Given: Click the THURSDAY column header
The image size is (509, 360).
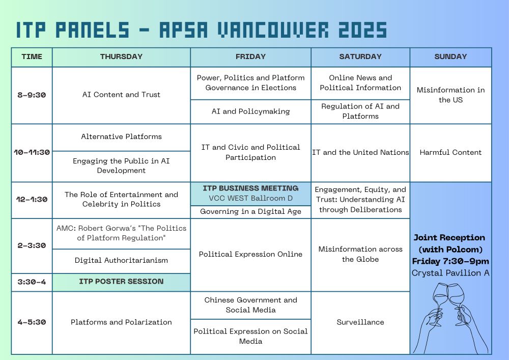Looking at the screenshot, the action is tap(122, 57).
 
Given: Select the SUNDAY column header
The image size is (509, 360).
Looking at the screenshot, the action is tap(450, 57).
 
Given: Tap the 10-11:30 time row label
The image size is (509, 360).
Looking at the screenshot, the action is tap(32, 152).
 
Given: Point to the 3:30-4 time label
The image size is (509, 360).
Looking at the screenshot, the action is tap(32, 282).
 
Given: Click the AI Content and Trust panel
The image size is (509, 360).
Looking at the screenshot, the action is tap(122, 95).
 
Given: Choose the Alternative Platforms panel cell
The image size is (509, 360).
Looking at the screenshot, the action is tap(122, 136).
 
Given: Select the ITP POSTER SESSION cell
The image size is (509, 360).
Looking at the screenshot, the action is tap(122, 282).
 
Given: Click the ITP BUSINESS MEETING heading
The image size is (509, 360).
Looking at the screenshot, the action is tap(250, 188).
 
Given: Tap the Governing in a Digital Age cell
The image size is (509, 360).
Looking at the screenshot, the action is tap(250, 212).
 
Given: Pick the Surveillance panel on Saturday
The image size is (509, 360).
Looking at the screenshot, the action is tap(360, 322).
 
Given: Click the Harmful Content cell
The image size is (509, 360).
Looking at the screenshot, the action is tap(450, 152).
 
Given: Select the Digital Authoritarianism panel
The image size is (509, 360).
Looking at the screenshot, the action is tap(122, 260).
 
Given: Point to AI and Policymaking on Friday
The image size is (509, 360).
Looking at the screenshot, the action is tap(250, 112).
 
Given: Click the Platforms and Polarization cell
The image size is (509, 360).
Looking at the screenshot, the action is tap(122, 322).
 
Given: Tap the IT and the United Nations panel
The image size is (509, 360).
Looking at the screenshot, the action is tap(360, 152).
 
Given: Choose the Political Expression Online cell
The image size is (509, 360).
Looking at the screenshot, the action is tap(250, 254).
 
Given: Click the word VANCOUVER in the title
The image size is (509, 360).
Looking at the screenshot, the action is tap(273, 30).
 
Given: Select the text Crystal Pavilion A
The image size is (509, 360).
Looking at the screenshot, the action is tap(450, 273).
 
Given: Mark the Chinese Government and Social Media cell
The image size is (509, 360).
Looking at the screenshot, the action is tap(250, 305).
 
